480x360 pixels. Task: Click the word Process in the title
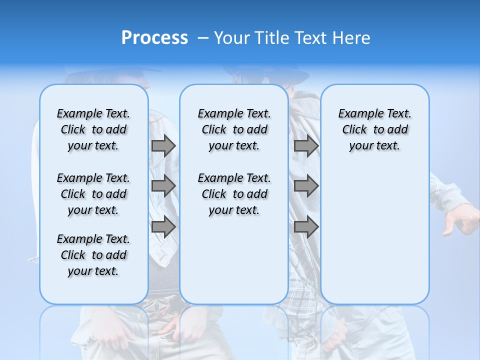pos(154,38)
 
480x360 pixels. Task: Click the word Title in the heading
pos(272,38)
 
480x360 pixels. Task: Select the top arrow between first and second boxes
pos(163,145)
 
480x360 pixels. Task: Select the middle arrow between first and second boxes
pos(163,186)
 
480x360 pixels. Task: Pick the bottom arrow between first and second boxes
pos(163,226)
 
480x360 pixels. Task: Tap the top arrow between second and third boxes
pos(306,145)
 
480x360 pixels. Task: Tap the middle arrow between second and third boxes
pos(306,186)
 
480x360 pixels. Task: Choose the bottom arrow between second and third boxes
pos(306,226)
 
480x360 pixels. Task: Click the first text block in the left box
pos(93,129)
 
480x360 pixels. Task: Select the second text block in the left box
pos(93,194)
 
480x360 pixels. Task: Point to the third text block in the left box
pos(93,255)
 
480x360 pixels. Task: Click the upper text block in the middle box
pos(234,129)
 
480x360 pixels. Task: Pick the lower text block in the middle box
pos(234,194)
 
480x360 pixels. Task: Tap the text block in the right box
pos(374,129)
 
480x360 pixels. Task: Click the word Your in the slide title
pos(232,38)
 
